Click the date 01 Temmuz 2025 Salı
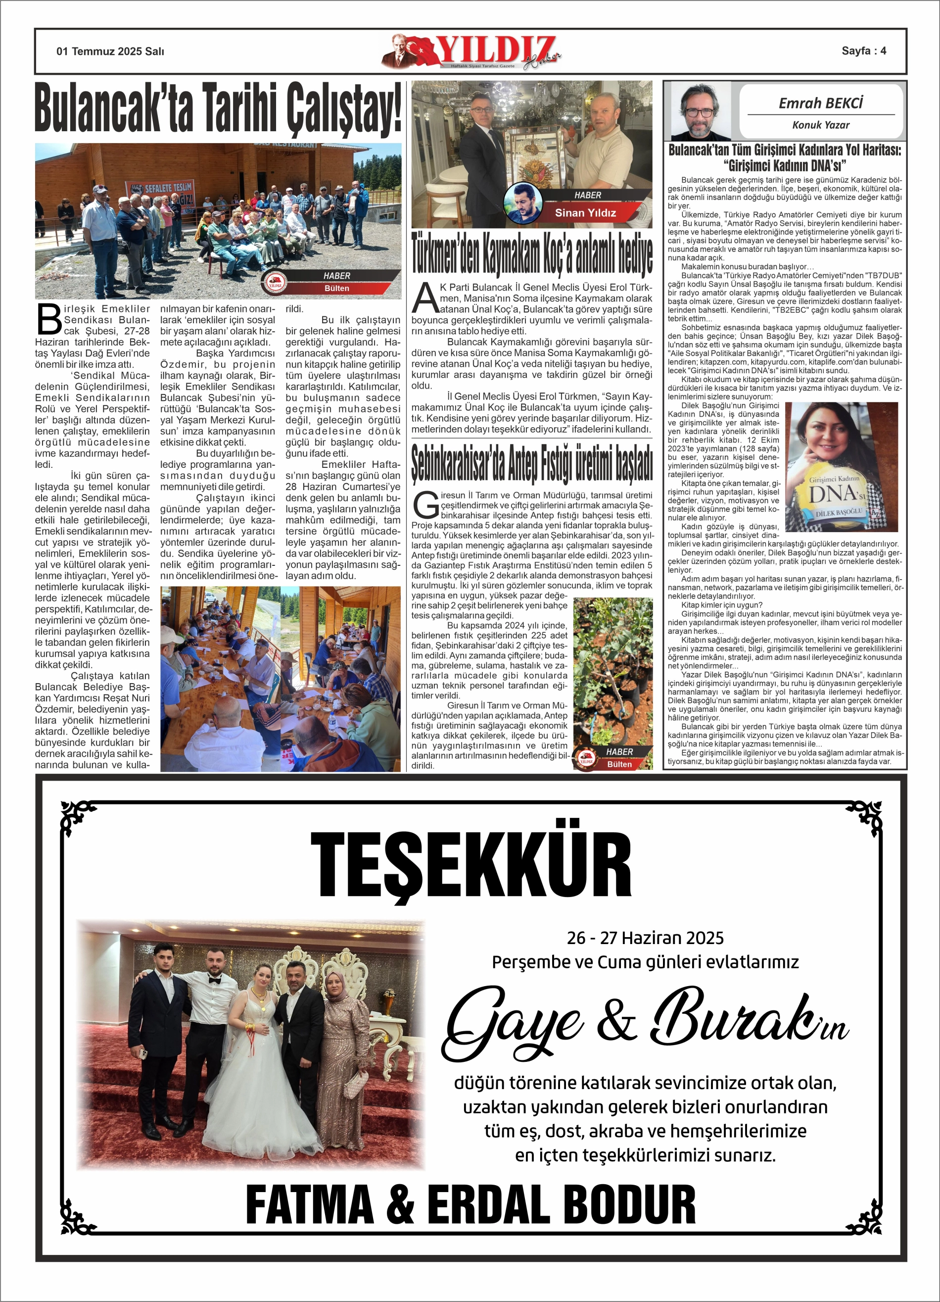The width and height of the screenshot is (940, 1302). click(110, 51)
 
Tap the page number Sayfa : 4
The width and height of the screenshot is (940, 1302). click(863, 51)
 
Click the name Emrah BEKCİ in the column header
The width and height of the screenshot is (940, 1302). click(821, 103)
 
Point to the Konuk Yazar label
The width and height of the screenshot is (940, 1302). click(821, 125)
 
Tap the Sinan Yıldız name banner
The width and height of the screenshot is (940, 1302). click(585, 213)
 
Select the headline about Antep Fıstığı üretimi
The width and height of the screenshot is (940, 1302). click(531, 464)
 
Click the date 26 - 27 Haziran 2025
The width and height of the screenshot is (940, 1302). click(645, 938)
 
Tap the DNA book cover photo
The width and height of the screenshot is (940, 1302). click(841, 467)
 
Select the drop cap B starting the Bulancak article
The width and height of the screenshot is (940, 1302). click(49, 319)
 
